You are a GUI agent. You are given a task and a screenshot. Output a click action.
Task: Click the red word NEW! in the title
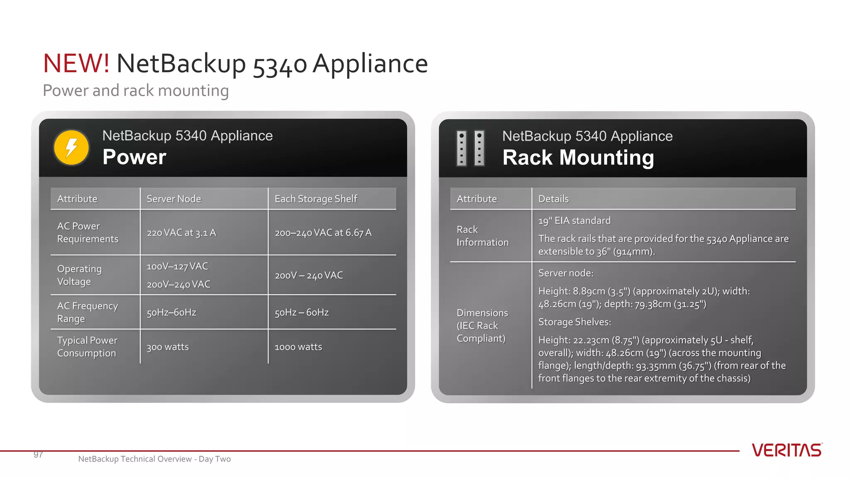coord(76,64)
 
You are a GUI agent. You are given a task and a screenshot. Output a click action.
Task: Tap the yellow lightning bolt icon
coord(71,148)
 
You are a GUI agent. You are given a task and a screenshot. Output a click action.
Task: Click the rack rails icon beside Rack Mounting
coord(470,148)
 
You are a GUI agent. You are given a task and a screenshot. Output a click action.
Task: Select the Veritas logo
coord(786,450)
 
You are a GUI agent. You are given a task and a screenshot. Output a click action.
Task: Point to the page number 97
coord(38,455)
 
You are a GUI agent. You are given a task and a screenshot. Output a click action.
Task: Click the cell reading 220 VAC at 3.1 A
coord(181,233)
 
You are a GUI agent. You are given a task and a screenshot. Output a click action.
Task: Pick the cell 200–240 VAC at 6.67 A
coord(323,233)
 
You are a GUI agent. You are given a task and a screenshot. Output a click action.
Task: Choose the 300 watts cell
coord(168,347)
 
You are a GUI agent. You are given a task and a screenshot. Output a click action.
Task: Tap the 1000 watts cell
coord(298,347)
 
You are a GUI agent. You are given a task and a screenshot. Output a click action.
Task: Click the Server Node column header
coord(173,199)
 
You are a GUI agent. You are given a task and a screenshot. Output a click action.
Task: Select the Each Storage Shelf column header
coord(316,199)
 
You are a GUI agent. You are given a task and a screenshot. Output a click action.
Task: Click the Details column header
coord(553,199)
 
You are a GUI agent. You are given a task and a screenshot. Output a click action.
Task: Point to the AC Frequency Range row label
coord(88,312)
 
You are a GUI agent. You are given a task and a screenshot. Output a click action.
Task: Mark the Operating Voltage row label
coord(79,275)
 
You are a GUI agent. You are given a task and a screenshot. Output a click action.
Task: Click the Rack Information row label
coord(482,236)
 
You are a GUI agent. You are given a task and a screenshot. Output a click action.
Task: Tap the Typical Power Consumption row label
coord(87,346)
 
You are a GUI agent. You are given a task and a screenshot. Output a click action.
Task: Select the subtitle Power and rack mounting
coord(136,90)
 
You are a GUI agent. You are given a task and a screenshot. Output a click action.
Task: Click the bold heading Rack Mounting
coord(578,158)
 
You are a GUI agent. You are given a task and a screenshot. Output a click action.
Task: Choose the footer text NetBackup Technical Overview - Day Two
coord(154,459)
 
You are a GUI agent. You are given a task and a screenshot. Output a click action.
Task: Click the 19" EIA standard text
coord(574,221)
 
